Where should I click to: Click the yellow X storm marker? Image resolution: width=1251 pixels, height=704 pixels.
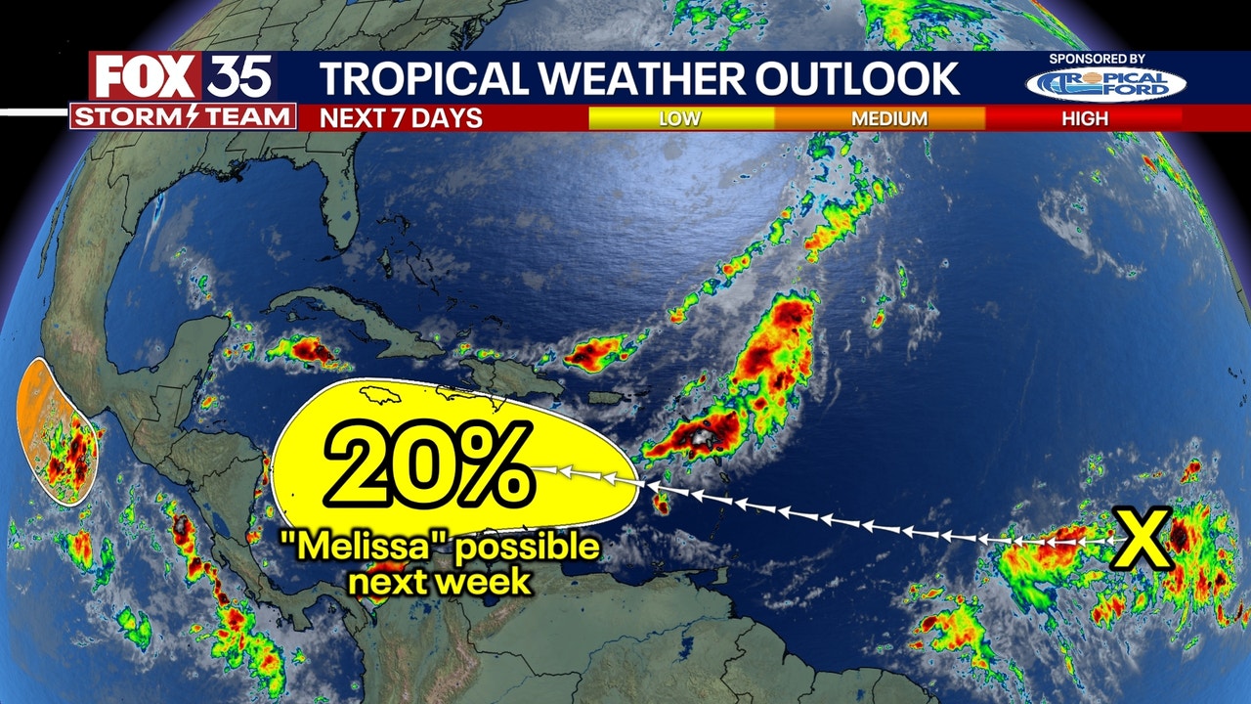coord(1144,540)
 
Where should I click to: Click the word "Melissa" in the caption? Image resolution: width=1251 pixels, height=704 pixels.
coord(352,547)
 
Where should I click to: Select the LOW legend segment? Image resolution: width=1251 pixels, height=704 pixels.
coord(681,118)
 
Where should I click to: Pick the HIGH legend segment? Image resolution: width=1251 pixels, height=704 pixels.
coord(1085,118)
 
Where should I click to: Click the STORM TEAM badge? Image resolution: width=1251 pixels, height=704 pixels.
coord(183,117)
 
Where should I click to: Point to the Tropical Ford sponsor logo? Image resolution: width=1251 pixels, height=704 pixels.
coord(1105,84)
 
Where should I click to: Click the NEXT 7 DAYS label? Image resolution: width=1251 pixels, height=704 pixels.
coord(402,118)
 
